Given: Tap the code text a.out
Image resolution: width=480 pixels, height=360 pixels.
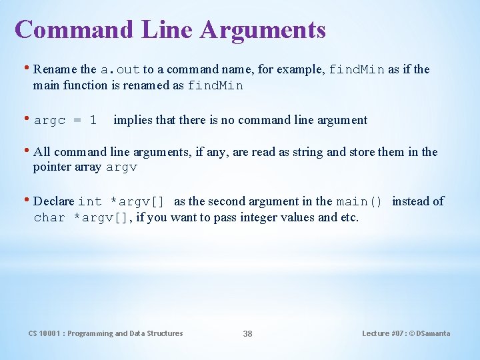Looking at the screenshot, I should pyautogui.click(x=120, y=69).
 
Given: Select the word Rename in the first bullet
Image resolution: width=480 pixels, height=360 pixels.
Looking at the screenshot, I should pyautogui.click(x=55, y=69).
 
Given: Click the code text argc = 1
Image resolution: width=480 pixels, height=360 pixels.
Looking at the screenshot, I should pyautogui.click(x=65, y=121).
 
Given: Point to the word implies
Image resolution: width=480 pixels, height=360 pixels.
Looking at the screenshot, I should pyautogui.click(x=133, y=120).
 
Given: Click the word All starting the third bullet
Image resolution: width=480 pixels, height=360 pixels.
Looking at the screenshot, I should pyautogui.click(x=41, y=152).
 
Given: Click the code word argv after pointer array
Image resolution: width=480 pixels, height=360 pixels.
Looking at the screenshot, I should pyautogui.click(x=121, y=168).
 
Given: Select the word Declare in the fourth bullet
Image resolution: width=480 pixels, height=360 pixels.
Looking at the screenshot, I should pyautogui.click(x=54, y=201).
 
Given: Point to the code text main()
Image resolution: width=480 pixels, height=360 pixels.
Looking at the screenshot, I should pyautogui.click(x=359, y=201).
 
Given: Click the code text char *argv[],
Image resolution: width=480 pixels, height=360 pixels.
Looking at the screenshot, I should pyautogui.click(x=83, y=217).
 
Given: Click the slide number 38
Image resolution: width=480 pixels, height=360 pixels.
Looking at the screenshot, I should pyautogui.click(x=247, y=333).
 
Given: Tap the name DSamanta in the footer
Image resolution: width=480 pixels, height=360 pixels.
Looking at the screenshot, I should pyautogui.click(x=433, y=333).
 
